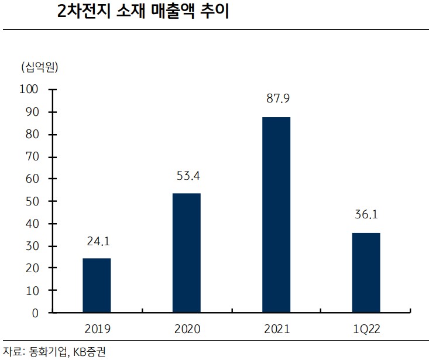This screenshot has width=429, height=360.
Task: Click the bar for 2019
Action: click(97, 285)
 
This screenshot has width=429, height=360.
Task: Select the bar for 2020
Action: click(186, 253)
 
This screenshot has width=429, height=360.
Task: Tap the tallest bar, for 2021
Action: click(276, 214)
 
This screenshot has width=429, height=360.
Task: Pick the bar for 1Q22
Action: click(366, 272)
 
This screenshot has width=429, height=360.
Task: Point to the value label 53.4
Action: click(188, 175)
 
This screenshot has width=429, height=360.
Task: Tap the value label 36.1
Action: click(366, 215)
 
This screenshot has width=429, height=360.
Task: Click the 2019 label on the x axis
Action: click(97, 329)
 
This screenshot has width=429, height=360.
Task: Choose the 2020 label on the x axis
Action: click(187, 329)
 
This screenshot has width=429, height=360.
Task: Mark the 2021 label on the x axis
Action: click(277, 329)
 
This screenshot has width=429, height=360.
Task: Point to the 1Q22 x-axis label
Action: click(366, 329)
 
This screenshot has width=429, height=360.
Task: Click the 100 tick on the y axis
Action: click(29, 90)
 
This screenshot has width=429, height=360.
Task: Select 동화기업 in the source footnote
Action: click(49, 352)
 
